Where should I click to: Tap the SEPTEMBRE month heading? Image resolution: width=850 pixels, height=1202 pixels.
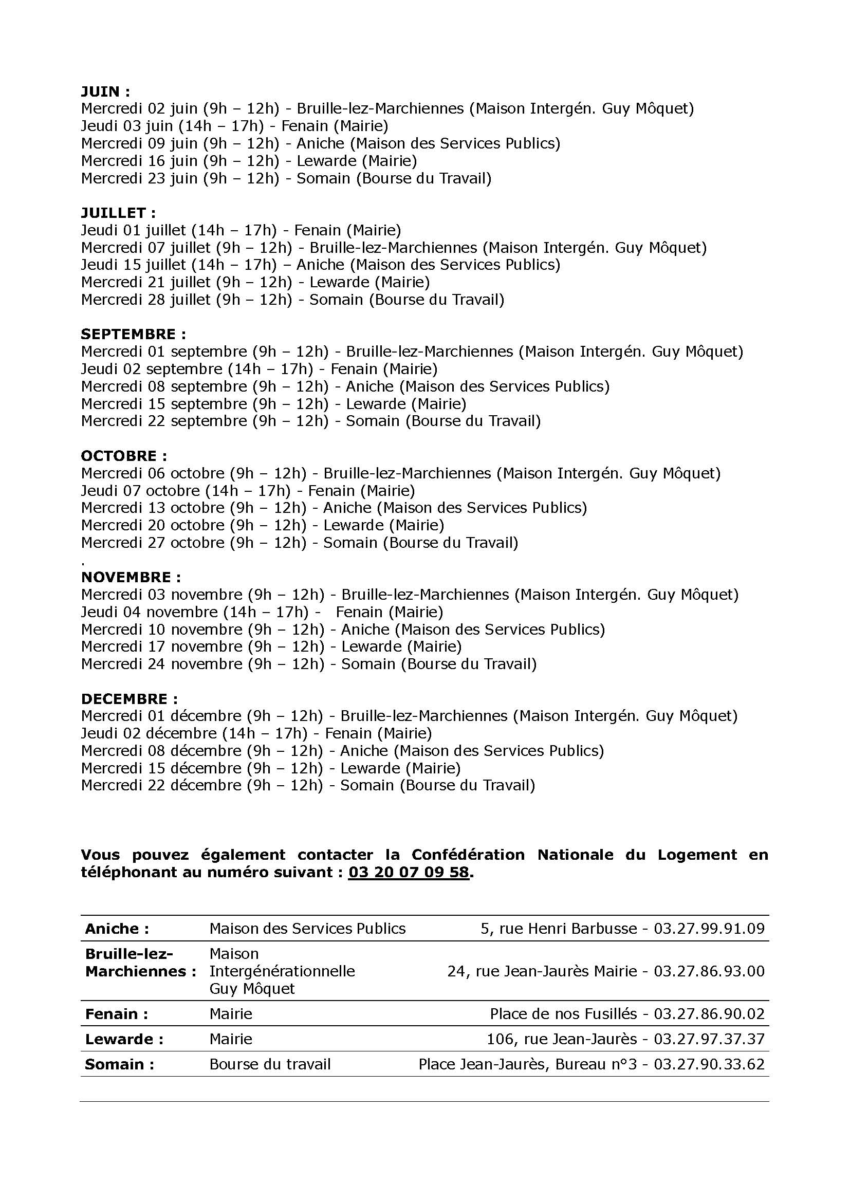point(133,335)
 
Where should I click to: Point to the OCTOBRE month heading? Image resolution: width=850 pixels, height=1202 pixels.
point(123,456)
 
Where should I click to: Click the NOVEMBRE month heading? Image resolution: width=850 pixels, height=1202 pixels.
point(131,578)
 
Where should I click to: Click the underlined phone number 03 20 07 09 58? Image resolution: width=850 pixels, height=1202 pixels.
point(408,872)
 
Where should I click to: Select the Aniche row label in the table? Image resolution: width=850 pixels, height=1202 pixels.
point(117,929)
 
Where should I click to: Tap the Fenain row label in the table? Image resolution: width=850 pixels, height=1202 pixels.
point(116,1014)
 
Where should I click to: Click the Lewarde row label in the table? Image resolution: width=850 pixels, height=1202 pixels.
point(124,1039)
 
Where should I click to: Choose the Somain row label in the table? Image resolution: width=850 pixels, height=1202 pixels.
point(119,1064)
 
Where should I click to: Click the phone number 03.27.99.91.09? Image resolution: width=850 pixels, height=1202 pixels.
point(709,929)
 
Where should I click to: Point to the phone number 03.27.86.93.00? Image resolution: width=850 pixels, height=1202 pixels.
point(709,971)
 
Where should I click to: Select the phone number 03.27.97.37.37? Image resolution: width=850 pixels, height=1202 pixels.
point(709,1039)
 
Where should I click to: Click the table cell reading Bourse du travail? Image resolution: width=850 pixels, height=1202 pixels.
point(270,1064)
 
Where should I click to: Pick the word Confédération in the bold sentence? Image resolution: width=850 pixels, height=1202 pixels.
point(468,855)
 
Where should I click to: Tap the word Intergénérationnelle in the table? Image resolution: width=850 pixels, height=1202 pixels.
point(282,971)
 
